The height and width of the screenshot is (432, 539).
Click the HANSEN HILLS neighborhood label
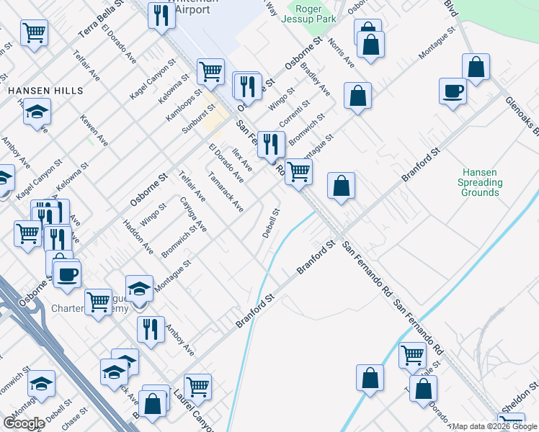click(45, 91)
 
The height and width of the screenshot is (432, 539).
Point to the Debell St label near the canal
click(270, 224)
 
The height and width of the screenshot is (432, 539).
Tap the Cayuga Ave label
click(193, 215)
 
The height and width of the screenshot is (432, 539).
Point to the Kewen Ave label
click(94, 130)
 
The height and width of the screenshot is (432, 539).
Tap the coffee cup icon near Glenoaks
click(453, 91)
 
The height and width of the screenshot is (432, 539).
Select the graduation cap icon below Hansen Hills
click(37, 112)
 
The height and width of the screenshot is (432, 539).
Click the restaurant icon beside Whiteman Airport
click(161, 14)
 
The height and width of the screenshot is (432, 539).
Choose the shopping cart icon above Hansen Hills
click(35, 33)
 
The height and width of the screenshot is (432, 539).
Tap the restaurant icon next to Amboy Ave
click(151, 329)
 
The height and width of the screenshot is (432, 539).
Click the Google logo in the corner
click(24, 423)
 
